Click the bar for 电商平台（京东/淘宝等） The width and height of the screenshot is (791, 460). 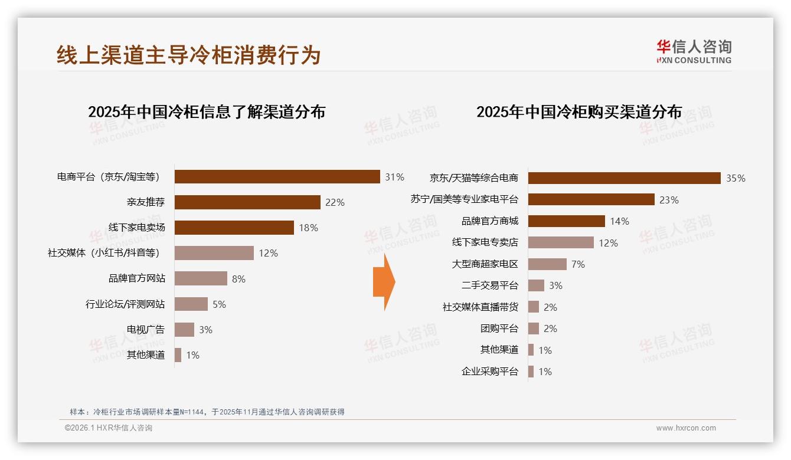277,177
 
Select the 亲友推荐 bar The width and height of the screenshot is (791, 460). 247,202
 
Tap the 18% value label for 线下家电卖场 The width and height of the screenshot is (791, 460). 308,228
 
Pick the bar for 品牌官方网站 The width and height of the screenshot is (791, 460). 201,278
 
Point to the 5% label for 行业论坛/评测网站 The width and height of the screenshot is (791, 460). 219,304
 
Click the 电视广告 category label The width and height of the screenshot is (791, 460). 146,330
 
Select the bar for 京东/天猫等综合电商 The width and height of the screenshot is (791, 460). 624,178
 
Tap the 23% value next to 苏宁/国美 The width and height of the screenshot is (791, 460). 669,200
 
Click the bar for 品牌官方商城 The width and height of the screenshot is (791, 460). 566,221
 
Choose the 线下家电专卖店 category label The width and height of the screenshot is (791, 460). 485,242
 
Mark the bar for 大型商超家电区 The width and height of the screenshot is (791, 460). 547,264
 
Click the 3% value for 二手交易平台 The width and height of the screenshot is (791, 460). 555,285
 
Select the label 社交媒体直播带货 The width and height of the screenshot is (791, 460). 480,307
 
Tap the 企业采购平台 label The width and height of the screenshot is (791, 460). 489,372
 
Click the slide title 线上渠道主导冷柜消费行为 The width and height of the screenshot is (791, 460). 189,55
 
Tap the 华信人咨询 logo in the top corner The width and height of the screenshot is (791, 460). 694,51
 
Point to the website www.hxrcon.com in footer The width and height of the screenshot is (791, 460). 686,428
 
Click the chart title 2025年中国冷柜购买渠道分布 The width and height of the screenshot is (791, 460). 579,111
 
